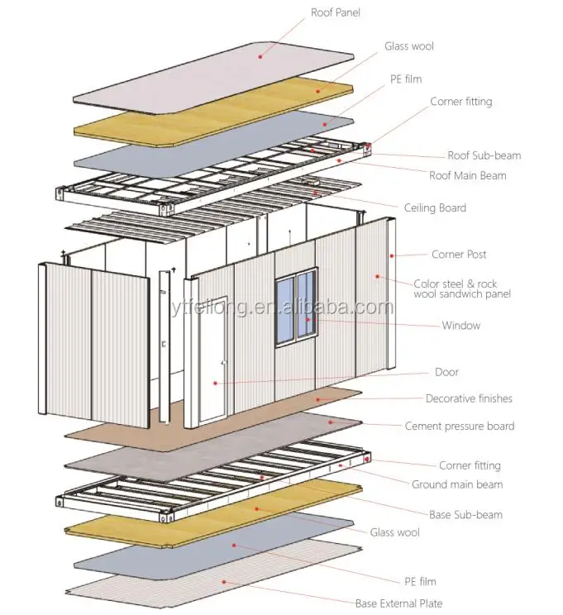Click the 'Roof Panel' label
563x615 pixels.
pos(336,13)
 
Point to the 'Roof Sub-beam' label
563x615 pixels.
pos(484,155)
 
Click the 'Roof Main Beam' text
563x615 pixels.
pos(468,175)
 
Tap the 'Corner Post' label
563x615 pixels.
pos(459,255)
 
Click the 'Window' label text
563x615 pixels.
pos(460,326)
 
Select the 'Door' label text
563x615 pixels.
pos(446,372)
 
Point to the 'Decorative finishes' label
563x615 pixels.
pos(469,398)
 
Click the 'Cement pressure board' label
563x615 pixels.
pos(460,427)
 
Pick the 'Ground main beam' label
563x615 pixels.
pos(457,484)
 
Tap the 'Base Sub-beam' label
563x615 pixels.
pos(465,515)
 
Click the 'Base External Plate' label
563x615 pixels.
pos(398,603)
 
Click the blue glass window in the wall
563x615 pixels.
pos(295,306)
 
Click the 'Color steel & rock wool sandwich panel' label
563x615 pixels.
pos(462,288)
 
